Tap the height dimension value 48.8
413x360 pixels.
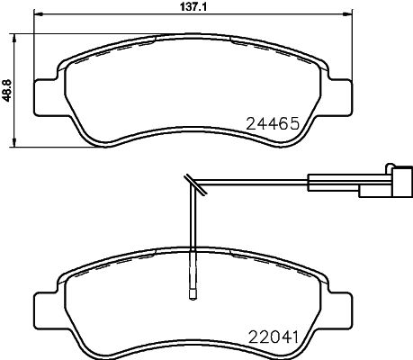6,87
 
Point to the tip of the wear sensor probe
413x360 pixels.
193,291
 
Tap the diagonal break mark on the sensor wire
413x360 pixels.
193,186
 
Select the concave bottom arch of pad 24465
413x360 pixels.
193,137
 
